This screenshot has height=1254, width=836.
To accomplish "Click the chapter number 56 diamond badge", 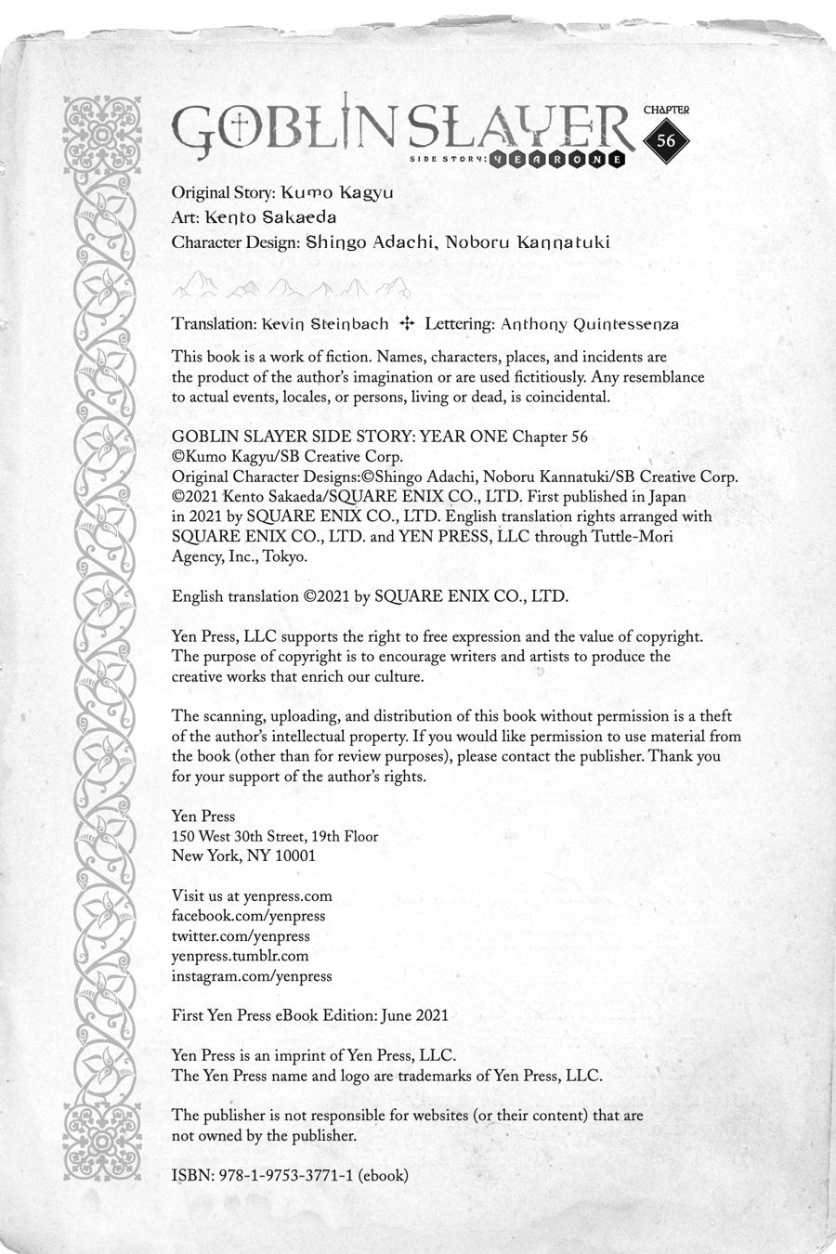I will [666, 141].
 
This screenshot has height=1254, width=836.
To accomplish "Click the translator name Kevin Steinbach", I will [325, 324].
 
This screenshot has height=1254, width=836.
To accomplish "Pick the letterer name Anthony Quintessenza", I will [590, 324].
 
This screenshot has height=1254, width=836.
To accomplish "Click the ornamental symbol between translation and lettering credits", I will [406, 324].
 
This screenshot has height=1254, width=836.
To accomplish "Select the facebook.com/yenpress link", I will [248, 916].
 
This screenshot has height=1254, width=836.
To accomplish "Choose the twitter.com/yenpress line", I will [241, 936].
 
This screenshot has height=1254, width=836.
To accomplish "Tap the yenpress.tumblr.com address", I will [240, 956].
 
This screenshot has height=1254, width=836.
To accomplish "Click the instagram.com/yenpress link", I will [252, 976].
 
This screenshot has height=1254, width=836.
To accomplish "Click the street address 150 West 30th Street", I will [242, 836].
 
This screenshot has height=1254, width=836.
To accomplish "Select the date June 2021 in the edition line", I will [416, 1015].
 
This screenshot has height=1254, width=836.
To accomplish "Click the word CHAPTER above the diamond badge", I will [667, 109].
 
